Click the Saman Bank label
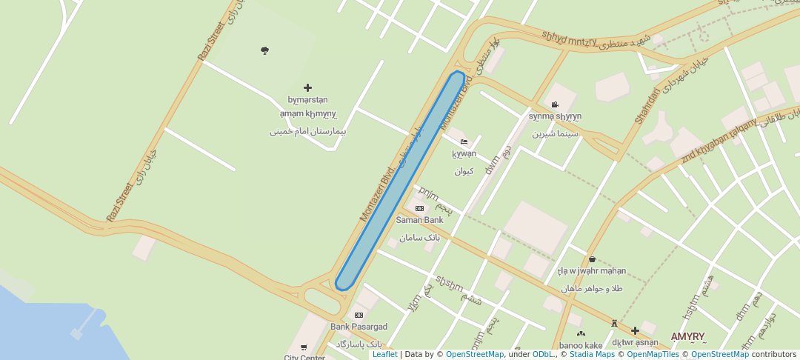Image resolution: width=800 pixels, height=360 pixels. click(419, 220)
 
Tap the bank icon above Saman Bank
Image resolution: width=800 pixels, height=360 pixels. click(419, 209)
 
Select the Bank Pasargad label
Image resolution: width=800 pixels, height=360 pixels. click(359, 327)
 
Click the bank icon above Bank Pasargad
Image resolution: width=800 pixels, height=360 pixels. click(359, 316)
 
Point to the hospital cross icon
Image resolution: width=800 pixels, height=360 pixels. click(308, 87)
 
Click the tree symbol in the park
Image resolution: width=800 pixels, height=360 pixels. click(264, 50)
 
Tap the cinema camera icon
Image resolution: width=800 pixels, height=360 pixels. click(555, 104)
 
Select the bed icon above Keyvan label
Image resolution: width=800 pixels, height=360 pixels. click(464, 142)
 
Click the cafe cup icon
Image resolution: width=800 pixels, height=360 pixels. click(592, 259)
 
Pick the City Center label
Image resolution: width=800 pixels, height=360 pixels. click(304, 357)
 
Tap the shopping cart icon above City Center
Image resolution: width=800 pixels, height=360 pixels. click(304, 347)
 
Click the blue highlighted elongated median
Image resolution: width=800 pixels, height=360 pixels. click(400, 180)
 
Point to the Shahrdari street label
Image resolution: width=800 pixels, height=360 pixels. click(647, 105)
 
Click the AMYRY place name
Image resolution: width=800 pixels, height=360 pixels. click(687, 336)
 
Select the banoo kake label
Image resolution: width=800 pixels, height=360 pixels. click(581, 345)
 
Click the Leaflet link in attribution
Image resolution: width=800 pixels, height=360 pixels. click(384, 354)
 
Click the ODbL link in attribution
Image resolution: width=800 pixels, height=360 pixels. click(542, 354)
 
